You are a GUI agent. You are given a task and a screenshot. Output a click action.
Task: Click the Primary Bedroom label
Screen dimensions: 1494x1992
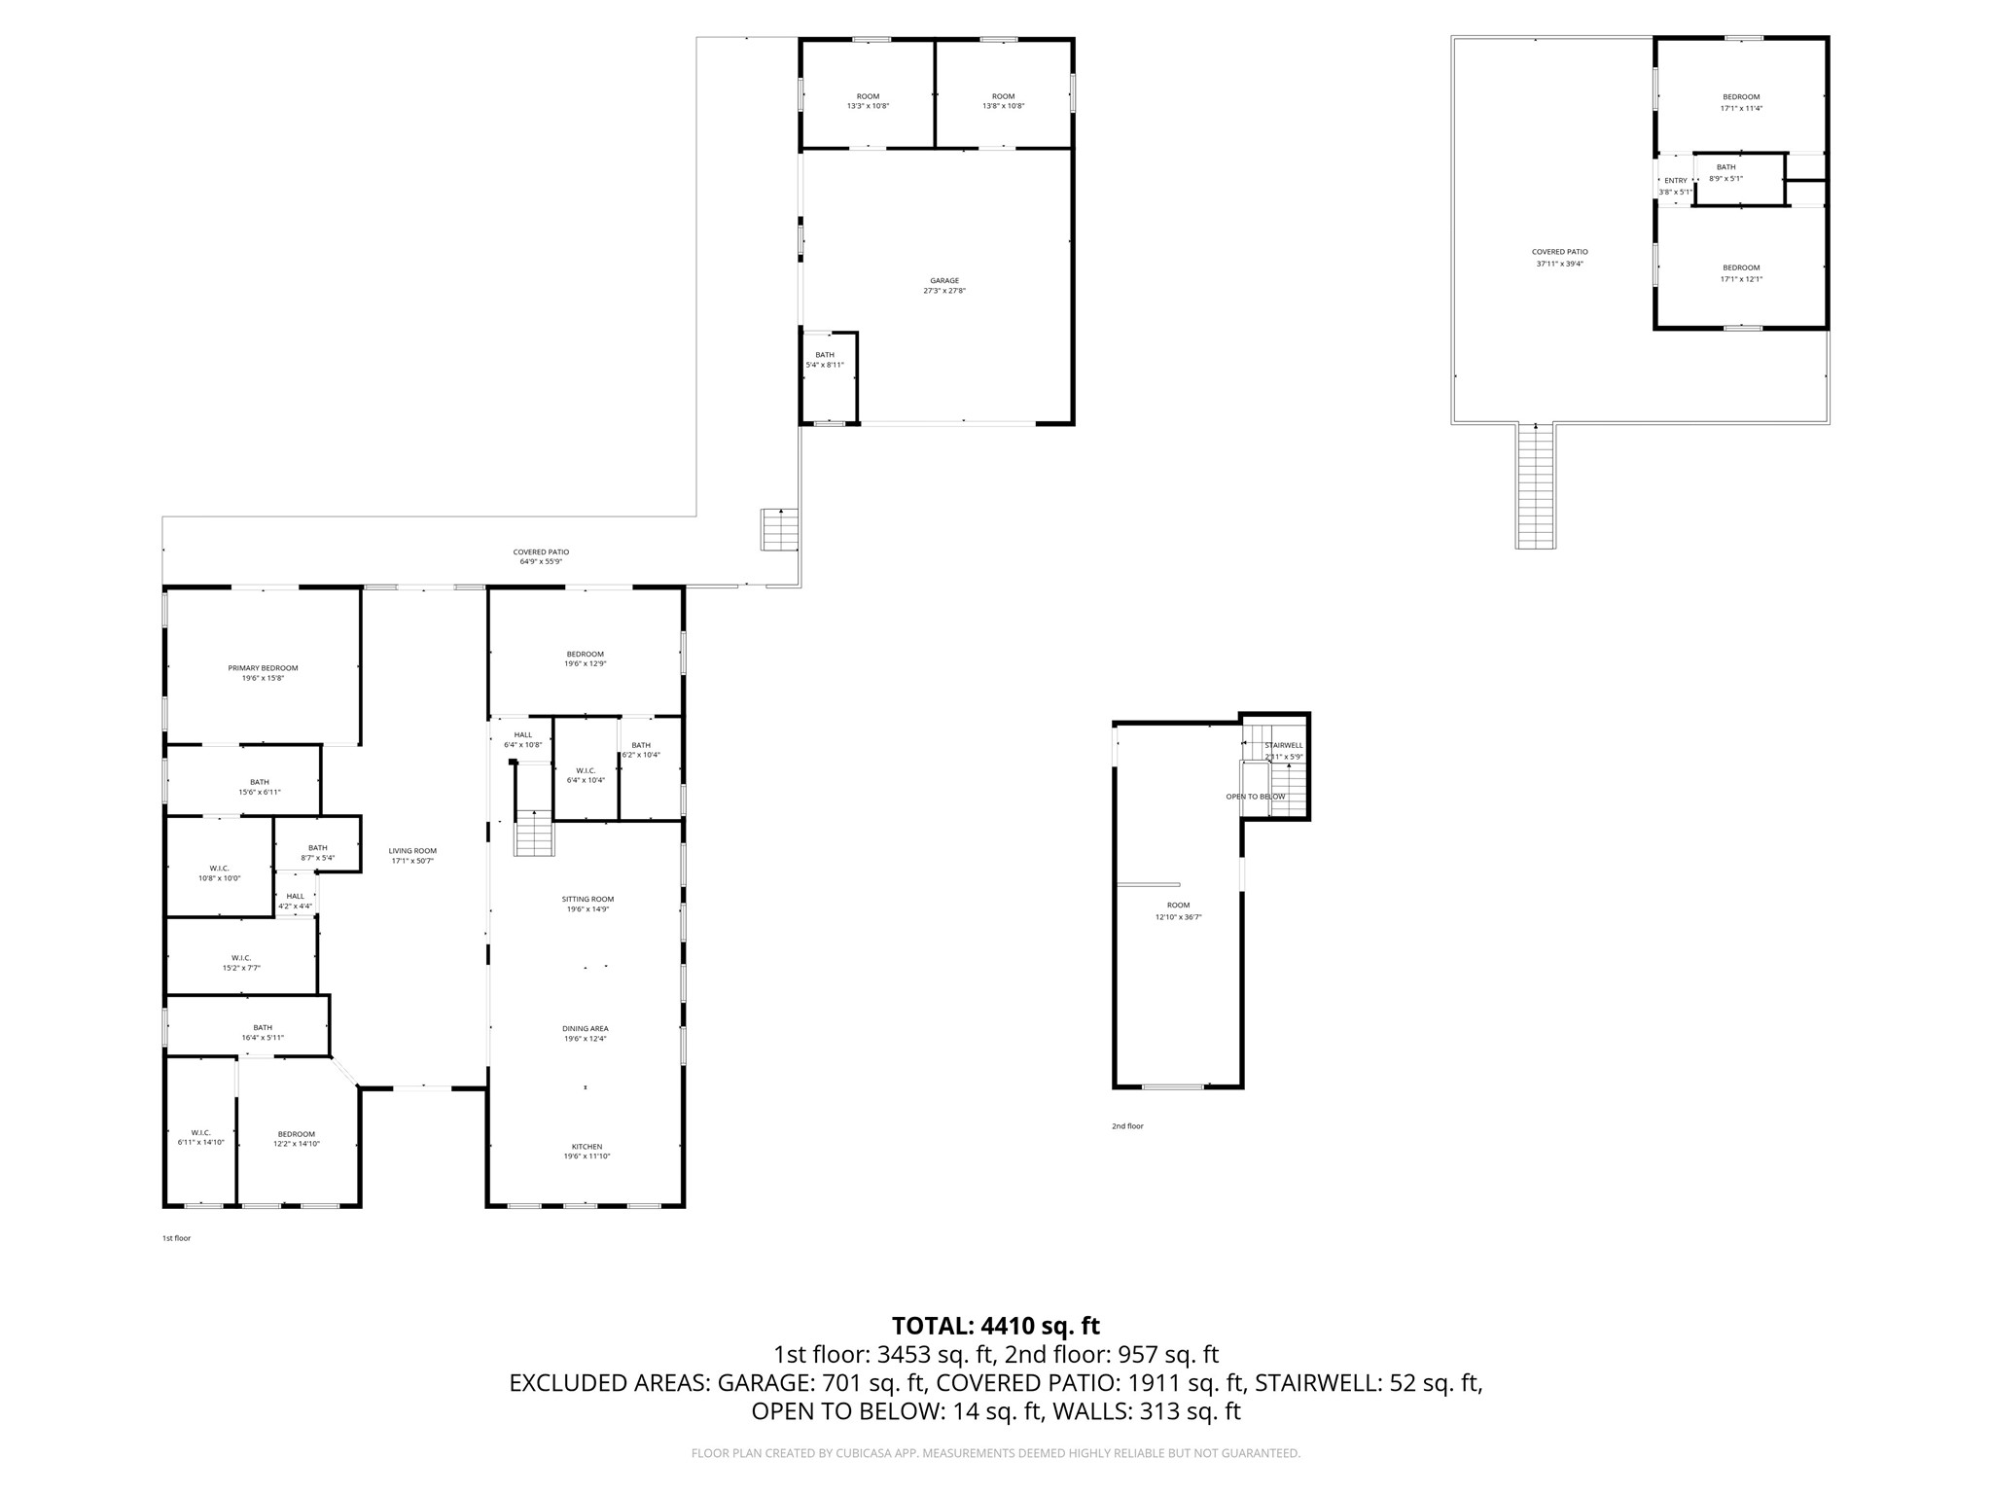263,668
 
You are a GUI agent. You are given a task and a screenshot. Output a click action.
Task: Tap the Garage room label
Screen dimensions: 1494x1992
943,281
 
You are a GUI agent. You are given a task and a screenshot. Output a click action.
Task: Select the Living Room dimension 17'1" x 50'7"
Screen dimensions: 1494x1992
411,861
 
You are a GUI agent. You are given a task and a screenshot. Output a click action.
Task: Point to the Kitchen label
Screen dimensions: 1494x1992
587,1147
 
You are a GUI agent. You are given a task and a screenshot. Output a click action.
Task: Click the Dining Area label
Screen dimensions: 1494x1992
585,1028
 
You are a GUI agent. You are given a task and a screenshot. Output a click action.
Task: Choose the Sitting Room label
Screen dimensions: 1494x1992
587,899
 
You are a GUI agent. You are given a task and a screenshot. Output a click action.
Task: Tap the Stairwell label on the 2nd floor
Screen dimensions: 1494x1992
1283,745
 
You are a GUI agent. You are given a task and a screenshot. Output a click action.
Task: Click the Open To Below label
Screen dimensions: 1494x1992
1255,797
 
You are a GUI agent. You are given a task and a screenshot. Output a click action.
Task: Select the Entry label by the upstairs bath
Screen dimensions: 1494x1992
1675,181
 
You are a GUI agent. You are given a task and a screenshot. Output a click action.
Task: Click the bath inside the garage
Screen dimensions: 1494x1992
825,359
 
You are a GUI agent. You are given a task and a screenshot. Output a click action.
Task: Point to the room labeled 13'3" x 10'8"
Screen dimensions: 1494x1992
868,101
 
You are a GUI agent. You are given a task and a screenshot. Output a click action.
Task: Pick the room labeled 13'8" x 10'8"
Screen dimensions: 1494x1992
1003,101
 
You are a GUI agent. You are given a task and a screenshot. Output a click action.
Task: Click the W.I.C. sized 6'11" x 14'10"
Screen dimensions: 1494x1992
200,1137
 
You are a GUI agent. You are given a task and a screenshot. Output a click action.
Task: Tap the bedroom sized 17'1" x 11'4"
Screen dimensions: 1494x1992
1740,102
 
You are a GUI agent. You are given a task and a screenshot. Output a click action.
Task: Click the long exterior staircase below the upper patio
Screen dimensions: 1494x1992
1535,488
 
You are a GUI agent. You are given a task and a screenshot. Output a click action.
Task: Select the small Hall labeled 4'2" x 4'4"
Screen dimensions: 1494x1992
296,901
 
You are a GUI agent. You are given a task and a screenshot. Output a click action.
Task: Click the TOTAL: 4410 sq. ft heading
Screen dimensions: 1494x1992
995,1326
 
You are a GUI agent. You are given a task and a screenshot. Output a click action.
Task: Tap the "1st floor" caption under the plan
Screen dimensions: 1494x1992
176,1238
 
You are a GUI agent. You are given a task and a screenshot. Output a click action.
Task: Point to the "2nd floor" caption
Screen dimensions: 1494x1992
1127,1126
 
